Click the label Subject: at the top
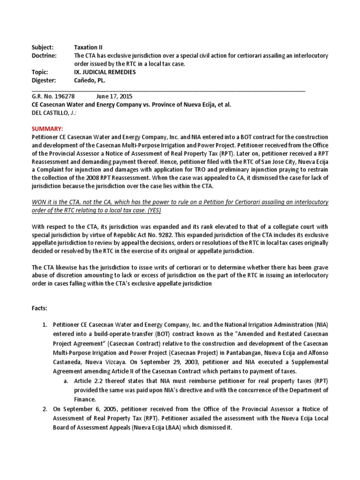click(x=42, y=47)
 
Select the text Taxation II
click(x=88, y=47)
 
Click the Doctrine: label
click(x=44, y=56)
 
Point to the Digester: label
click(x=44, y=81)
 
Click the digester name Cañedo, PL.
click(x=90, y=81)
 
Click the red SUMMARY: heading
click(x=47, y=128)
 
